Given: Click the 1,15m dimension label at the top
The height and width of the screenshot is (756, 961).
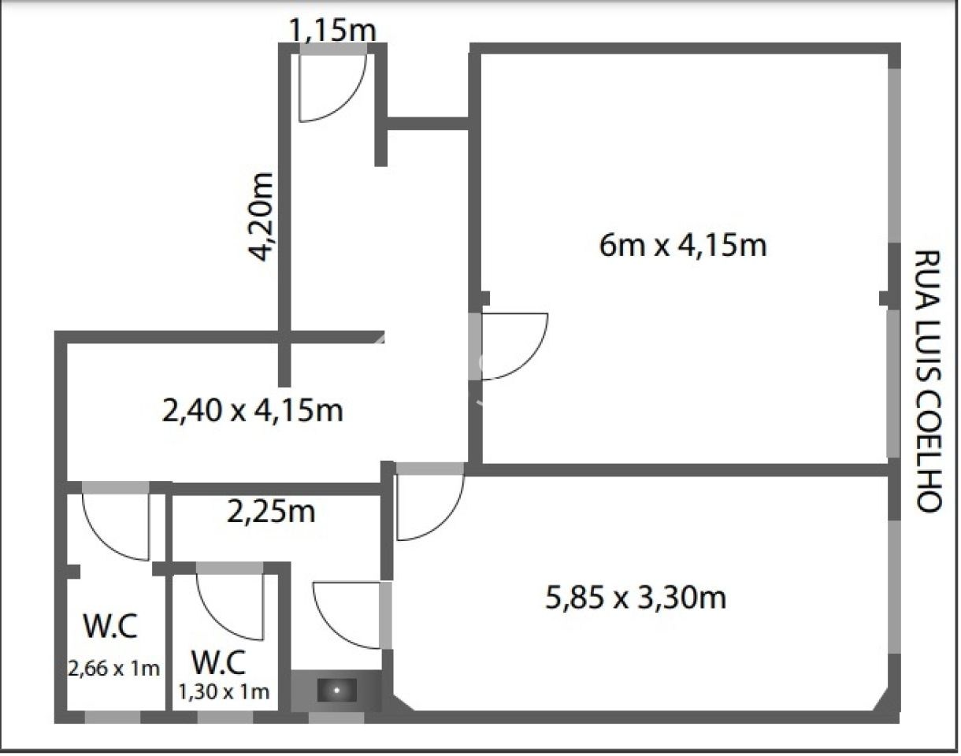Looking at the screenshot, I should tap(332, 31).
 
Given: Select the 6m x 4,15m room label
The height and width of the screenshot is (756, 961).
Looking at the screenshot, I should tap(682, 246).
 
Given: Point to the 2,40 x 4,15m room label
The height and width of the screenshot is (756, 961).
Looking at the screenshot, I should tap(252, 410).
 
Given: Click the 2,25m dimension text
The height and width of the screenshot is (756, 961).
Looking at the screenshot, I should tap(271, 512).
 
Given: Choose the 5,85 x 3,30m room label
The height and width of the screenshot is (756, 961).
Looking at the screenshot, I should tap(635, 598).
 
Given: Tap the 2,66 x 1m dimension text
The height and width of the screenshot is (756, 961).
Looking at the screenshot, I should tap(114, 669).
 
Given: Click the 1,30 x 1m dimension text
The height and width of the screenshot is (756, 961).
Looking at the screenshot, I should tap(224, 692).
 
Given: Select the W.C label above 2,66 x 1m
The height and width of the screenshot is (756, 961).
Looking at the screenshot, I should tap(110, 628).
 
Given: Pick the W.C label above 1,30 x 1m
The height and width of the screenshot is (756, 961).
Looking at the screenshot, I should tap(220, 661).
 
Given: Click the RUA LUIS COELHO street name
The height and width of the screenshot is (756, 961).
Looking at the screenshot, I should tap(927, 381).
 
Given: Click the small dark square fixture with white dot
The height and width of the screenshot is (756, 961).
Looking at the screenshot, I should tap(336, 691).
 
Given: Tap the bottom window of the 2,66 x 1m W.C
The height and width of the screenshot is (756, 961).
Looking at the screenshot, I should tap(113, 717).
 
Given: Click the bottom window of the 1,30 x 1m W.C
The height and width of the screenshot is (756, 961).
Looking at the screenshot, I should tap(224, 717).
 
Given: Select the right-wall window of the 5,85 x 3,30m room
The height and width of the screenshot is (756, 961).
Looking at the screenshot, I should tap(894, 587).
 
